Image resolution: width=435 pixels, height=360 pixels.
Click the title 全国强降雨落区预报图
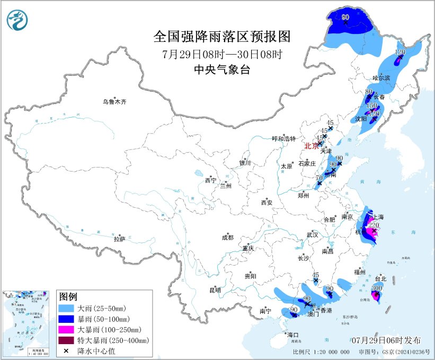(222, 37)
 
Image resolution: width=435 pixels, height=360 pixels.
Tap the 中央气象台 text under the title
(222, 70)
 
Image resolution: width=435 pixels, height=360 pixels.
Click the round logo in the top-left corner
(17, 21)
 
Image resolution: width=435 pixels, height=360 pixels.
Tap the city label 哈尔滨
(380, 78)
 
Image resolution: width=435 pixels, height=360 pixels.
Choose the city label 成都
(228, 238)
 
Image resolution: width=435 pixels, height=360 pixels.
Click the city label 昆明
(215, 290)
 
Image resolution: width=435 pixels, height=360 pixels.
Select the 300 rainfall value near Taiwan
(377, 288)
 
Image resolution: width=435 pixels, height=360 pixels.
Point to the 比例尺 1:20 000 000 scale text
(321, 352)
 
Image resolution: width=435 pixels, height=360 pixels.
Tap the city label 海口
(292, 335)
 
